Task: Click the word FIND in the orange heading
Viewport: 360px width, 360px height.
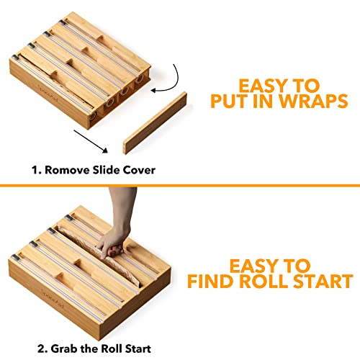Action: (211, 282)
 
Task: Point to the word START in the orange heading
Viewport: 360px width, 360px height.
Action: (323, 282)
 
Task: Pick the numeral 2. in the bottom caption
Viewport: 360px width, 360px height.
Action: (42, 348)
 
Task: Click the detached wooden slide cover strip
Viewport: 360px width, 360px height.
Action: (155, 123)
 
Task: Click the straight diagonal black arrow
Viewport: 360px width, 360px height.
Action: (91, 142)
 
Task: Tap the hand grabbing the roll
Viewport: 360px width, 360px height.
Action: (117, 223)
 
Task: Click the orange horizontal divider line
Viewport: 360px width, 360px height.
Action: (180, 185)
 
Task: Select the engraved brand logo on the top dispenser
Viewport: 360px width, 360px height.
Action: (48, 92)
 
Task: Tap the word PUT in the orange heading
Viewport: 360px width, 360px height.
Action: (230, 101)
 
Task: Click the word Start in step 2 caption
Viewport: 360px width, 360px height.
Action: (138, 348)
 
